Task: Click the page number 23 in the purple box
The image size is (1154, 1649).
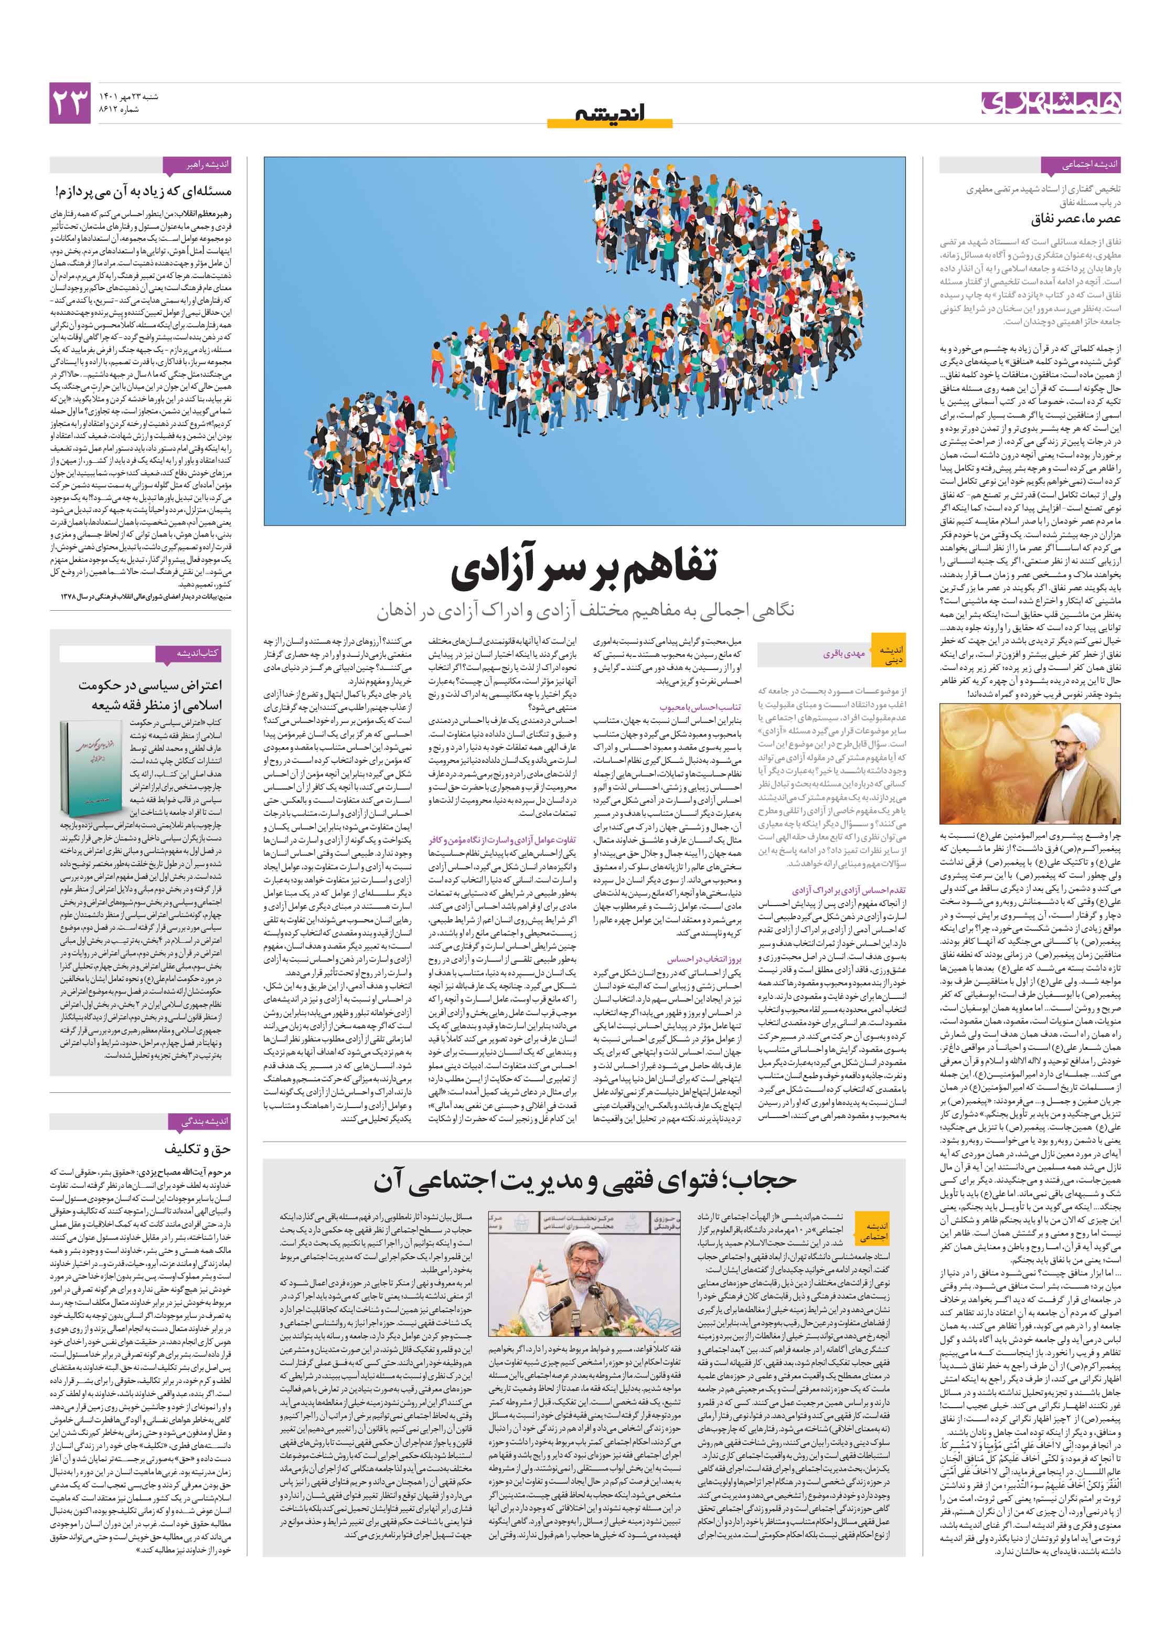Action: (70, 103)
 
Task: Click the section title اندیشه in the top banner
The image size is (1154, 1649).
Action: (610, 113)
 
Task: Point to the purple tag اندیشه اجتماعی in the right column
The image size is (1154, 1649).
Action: (1088, 165)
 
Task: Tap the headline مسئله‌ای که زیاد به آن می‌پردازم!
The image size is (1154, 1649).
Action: (144, 191)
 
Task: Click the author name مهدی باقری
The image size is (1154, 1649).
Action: (843, 654)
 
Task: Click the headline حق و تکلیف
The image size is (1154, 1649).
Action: (197, 1148)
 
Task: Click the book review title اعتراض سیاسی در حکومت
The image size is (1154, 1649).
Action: (151, 685)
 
